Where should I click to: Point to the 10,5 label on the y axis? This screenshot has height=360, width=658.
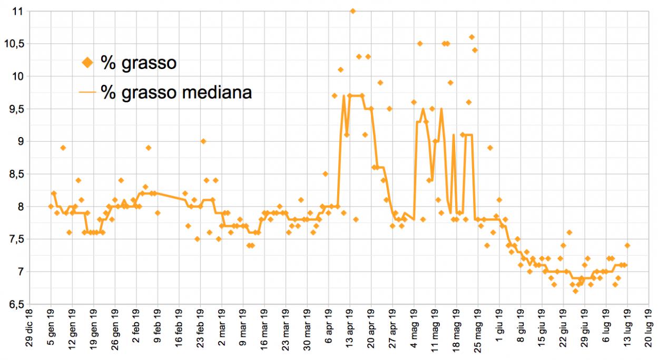point(13,44)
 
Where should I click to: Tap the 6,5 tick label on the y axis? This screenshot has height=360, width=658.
point(16,305)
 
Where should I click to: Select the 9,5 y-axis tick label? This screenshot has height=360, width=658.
point(16,109)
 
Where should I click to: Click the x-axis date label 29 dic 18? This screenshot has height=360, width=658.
point(30,328)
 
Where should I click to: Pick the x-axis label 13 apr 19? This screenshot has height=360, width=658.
point(350,328)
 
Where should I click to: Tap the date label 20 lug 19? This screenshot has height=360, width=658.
point(649,328)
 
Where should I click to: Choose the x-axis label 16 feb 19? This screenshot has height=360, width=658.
point(179,328)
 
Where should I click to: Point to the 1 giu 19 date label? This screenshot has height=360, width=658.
point(499,325)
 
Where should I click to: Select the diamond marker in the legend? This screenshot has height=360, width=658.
point(87,63)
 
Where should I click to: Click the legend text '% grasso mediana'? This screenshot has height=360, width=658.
point(176,92)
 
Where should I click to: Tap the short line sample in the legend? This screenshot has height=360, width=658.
point(87,92)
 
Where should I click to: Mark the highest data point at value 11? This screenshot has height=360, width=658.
point(353,11)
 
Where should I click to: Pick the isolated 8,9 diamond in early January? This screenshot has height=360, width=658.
point(63,148)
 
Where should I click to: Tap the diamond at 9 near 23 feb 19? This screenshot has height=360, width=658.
point(203,141)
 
